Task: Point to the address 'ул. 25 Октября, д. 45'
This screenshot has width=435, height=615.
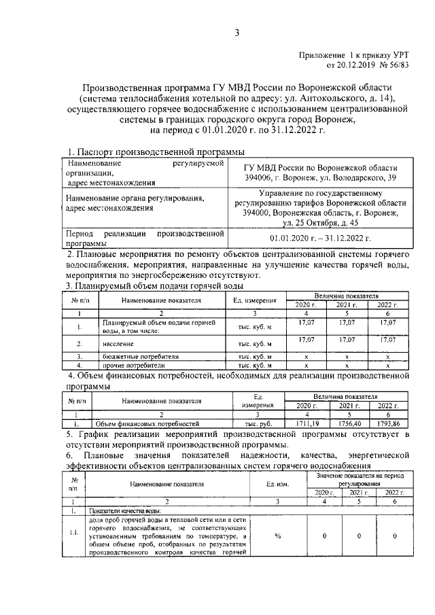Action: (x=321, y=223)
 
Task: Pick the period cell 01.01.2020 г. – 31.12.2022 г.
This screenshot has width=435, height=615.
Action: (x=320, y=239)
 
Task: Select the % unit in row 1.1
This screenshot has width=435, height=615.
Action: (x=278, y=535)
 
